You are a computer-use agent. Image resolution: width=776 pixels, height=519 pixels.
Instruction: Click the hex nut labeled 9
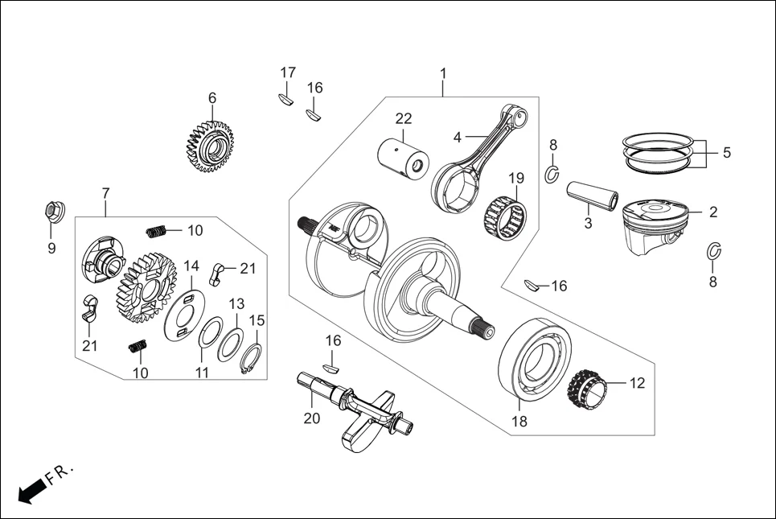pos(51,212)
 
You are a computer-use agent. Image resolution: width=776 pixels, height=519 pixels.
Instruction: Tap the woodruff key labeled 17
pos(285,99)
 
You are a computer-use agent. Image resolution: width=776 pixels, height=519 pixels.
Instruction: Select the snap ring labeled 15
pos(253,358)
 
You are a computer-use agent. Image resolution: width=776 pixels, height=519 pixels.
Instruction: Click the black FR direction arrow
pos(31,489)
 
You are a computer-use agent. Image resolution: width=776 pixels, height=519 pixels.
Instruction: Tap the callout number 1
pos(442,74)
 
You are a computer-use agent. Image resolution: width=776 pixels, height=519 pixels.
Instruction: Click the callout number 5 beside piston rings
pos(727,152)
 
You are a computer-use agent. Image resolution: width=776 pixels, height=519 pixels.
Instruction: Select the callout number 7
pos(105,193)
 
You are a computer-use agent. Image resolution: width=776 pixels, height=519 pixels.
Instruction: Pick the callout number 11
pos(202,373)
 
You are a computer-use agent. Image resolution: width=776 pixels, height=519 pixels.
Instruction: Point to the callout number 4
pos(457,138)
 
